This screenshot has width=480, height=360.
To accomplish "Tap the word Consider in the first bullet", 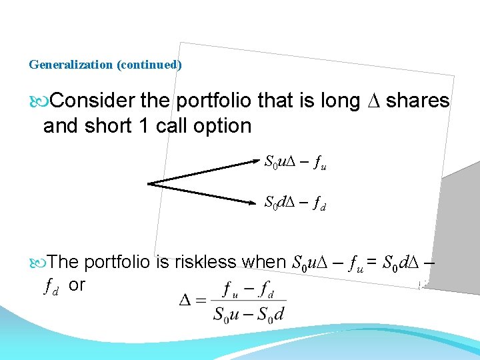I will [x=93, y=101].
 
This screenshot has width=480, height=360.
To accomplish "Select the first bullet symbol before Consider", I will [x=37, y=101].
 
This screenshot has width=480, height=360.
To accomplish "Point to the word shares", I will [x=418, y=101].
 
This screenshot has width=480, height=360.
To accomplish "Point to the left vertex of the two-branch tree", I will [x=149, y=183].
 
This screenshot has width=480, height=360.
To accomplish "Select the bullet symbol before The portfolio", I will [x=37, y=262].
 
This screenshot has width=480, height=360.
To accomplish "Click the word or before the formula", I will [x=77, y=285].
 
